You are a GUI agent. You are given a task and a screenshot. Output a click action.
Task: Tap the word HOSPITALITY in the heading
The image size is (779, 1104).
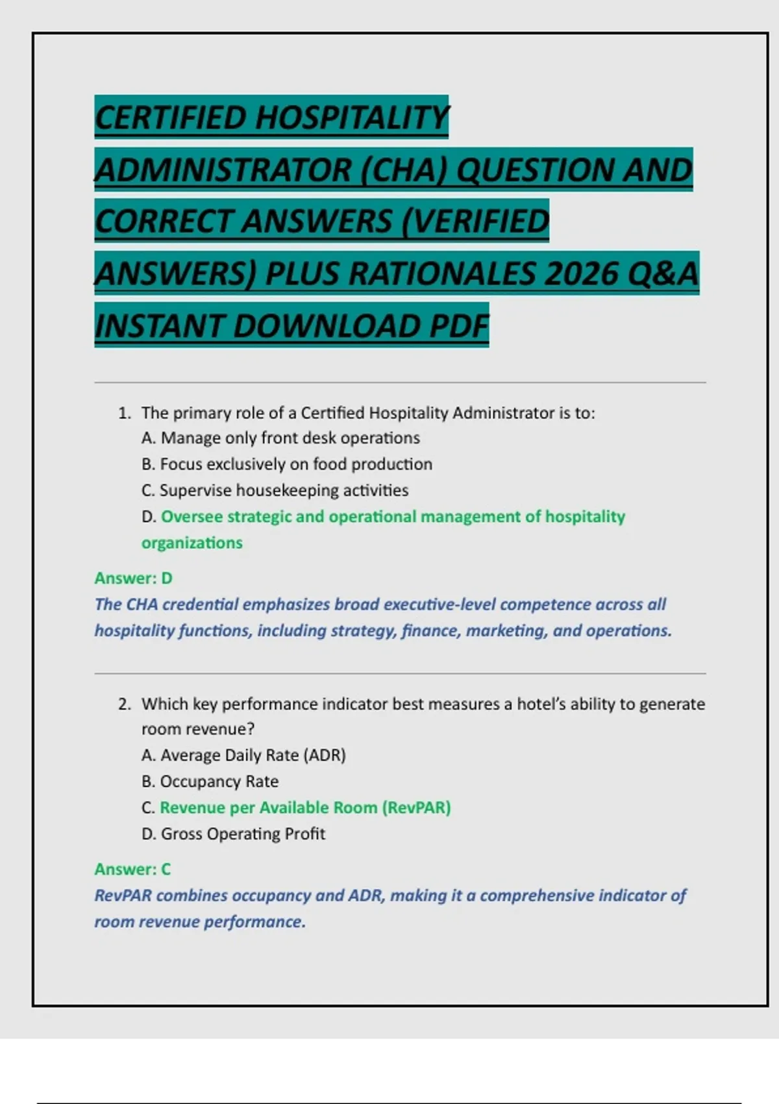(x=351, y=118)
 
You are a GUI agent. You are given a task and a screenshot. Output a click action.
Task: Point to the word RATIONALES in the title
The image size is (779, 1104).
(x=442, y=273)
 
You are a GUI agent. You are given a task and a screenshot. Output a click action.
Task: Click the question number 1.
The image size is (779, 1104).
(x=125, y=413)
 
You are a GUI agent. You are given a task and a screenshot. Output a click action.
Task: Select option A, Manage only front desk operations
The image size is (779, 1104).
(x=280, y=438)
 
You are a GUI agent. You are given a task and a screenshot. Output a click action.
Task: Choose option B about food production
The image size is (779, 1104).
(x=286, y=464)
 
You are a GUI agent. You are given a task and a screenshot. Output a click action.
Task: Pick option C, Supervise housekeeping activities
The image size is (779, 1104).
(x=275, y=490)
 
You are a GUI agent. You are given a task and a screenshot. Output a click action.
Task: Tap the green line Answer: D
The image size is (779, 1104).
(x=133, y=578)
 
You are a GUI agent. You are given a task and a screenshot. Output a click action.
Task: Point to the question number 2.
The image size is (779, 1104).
(x=125, y=704)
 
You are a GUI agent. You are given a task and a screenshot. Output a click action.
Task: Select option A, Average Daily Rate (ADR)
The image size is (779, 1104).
(x=243, y=755)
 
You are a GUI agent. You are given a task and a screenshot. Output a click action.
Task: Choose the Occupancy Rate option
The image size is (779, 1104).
(x=210, y=781)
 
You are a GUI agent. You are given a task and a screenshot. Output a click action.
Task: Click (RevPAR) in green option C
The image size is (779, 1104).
(x=416, y=807)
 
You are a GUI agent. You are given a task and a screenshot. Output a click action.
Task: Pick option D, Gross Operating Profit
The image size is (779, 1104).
(x=233, y=834)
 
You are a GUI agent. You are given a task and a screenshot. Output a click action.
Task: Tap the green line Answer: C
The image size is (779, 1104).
(x=132, y=869)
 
